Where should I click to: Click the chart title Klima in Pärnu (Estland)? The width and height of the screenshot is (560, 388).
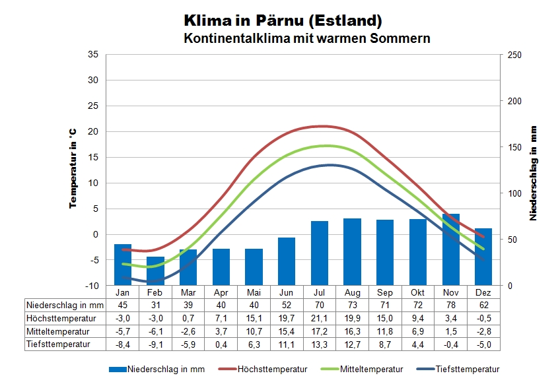[x=283, y=20]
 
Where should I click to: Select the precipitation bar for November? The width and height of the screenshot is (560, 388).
[x=450, y=249]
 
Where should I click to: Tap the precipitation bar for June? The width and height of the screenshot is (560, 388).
[x=287, y=261]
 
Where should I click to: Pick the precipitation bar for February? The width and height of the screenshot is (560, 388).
[x=155, y=271]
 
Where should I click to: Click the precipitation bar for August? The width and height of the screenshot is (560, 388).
[x=352, y=251]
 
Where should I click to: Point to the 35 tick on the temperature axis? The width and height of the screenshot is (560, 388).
[x=92, y=55]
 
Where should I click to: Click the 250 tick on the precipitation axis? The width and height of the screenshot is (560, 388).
[x=514, y=55]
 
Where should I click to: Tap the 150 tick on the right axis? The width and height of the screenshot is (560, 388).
[x=514, y=147]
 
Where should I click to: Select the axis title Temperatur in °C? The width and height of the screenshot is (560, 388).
[x=73, y=169]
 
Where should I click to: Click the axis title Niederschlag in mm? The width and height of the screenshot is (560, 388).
[x=533, y=173]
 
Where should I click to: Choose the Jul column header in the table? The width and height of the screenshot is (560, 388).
[x=320, y=292]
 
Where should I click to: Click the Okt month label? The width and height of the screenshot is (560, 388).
[x=418, y=292]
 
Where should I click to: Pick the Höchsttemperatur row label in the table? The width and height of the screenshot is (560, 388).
[x=58, y=318]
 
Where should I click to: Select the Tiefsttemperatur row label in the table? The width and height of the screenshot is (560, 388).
[x=57, y=344]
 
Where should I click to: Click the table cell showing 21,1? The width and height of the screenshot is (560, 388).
[x=320, y=318]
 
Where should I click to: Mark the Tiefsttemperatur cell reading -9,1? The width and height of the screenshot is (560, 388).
[x=155, y=344]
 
